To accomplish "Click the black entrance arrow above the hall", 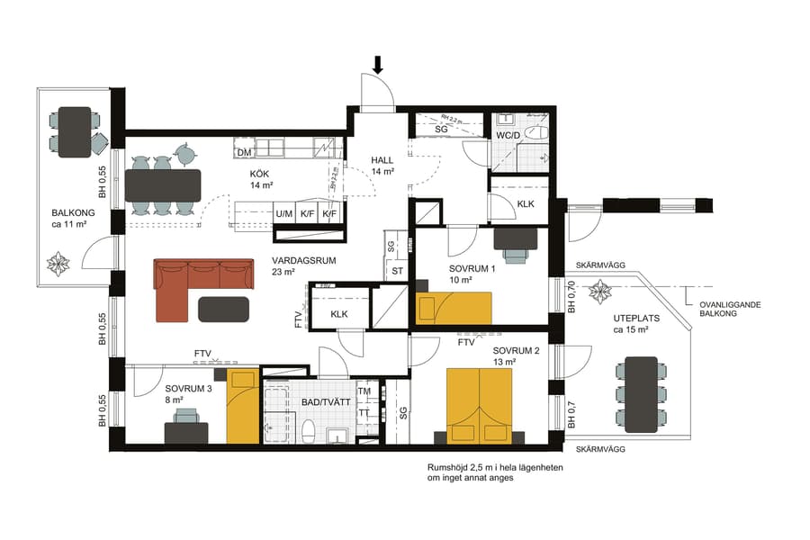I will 378,64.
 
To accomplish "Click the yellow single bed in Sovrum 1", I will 454,308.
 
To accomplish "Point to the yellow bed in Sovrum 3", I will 242,406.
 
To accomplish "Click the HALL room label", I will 383,160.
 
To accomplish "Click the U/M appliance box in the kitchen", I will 284,214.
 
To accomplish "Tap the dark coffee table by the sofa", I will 223,309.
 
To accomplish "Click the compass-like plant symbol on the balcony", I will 61,264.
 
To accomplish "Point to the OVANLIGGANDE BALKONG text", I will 730,310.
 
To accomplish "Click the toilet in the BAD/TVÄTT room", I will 307,431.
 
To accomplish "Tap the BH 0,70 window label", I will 571,297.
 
